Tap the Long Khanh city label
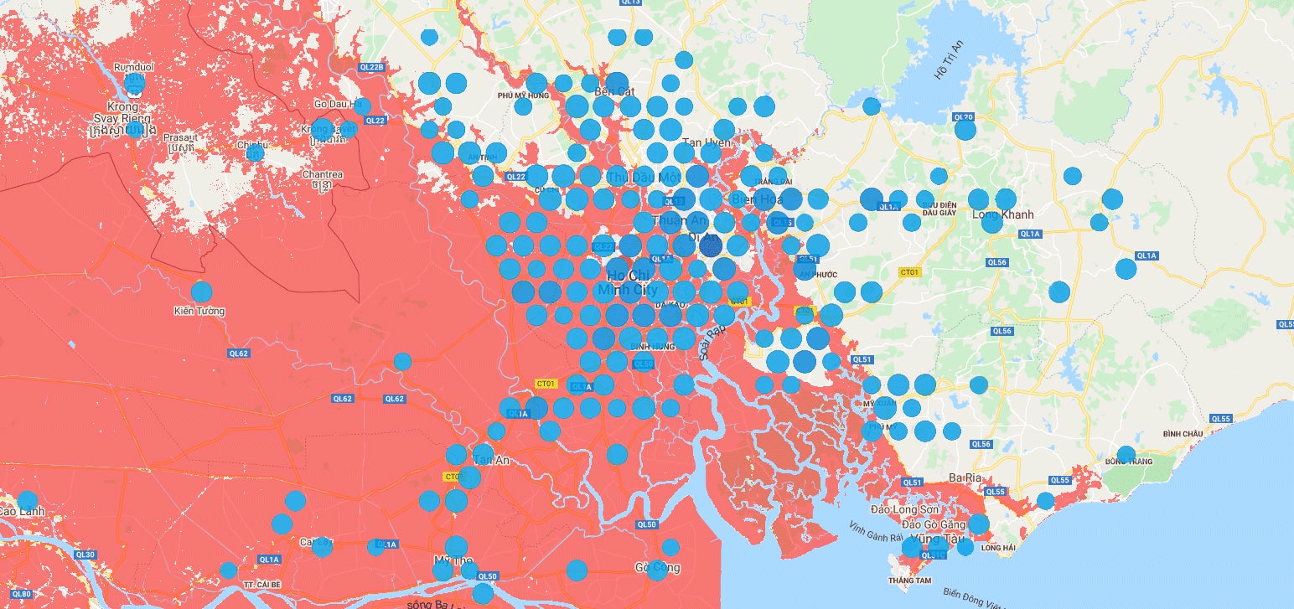(1002, 214)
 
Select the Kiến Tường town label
(199, 312)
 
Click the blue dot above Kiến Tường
(201, 292)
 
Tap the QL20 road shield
(964, 117)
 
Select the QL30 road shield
(85, 555)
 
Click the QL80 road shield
(22, 594)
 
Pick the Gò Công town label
(657, 567)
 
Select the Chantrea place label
(323, 175)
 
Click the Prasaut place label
(181, 137)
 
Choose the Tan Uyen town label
(707, 143)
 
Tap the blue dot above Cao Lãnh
(28, 501)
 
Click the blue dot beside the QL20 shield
(965, 130)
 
